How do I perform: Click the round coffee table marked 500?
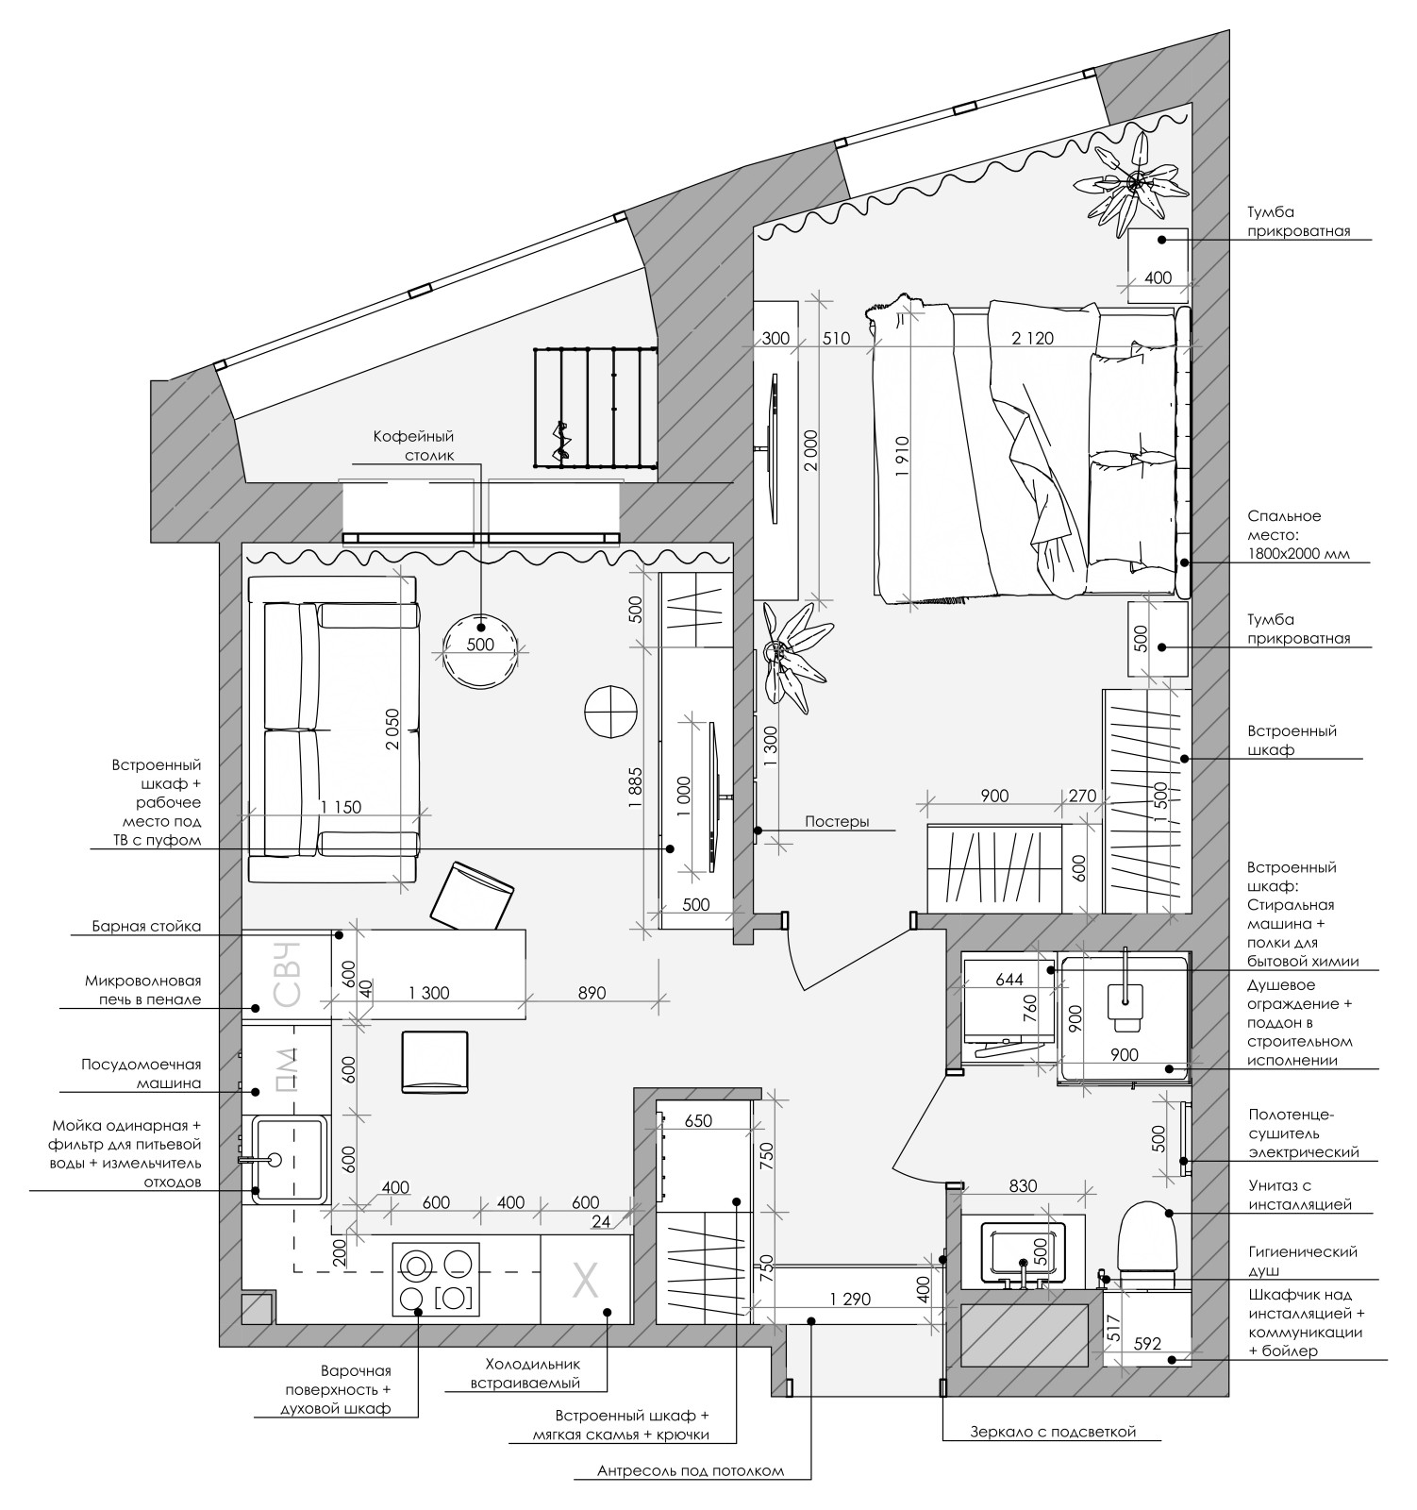point(480,651)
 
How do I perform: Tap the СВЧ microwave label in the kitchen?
point(286,974)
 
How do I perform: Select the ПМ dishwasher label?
point(286,1069)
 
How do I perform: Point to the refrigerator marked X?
point(586,1281)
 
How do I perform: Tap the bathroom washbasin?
point(1024,1252)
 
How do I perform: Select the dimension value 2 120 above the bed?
point(1032,338)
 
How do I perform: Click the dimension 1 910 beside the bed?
point(903,458)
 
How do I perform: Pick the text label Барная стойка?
point(146,926)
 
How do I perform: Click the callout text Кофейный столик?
point(413,445)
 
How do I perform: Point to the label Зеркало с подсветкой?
point(1053,1432)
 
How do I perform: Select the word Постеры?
point(837,821)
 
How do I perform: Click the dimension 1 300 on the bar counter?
point(429,993)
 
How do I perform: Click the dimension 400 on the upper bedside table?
point(1158,277)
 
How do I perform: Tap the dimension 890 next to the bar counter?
point(592,993)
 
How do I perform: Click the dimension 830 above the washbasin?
point(1023,1186)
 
